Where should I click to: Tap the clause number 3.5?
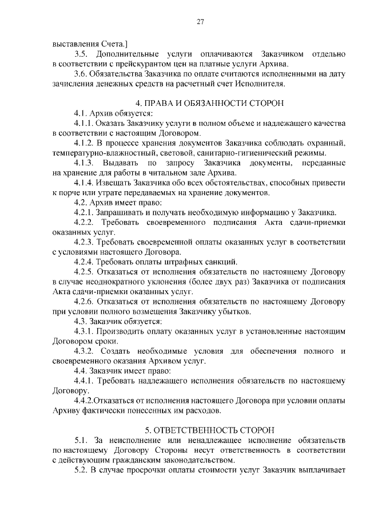pyautogui.click(x=81, y=53)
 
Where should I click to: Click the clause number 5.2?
pyautogui.click(x=81, y=469)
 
